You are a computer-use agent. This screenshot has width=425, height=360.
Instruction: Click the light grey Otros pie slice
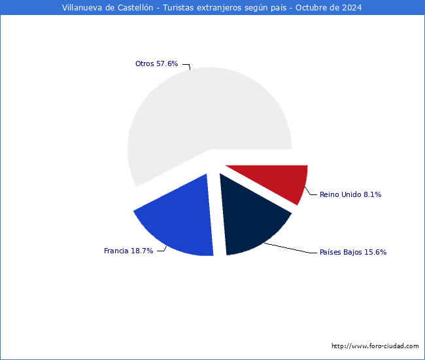click(x=196, y=118)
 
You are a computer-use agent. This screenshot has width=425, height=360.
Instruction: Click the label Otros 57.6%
click(x=156, y=63)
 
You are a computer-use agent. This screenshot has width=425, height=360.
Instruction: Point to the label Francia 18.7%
click(x=128, y=251)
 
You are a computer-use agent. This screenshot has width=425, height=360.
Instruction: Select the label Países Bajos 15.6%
click(x=348, y=252)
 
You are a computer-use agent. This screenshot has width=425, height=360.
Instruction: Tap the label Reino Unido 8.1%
click(x=350, y=194)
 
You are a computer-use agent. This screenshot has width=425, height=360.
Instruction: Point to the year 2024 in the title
click(x=350, y=8)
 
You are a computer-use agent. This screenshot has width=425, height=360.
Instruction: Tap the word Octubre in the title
click(x=306, y=8)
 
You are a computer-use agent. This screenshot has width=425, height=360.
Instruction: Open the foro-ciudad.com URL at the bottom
click(x=375, y=346)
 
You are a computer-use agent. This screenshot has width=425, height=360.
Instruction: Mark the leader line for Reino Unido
click(x=311, y=192)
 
